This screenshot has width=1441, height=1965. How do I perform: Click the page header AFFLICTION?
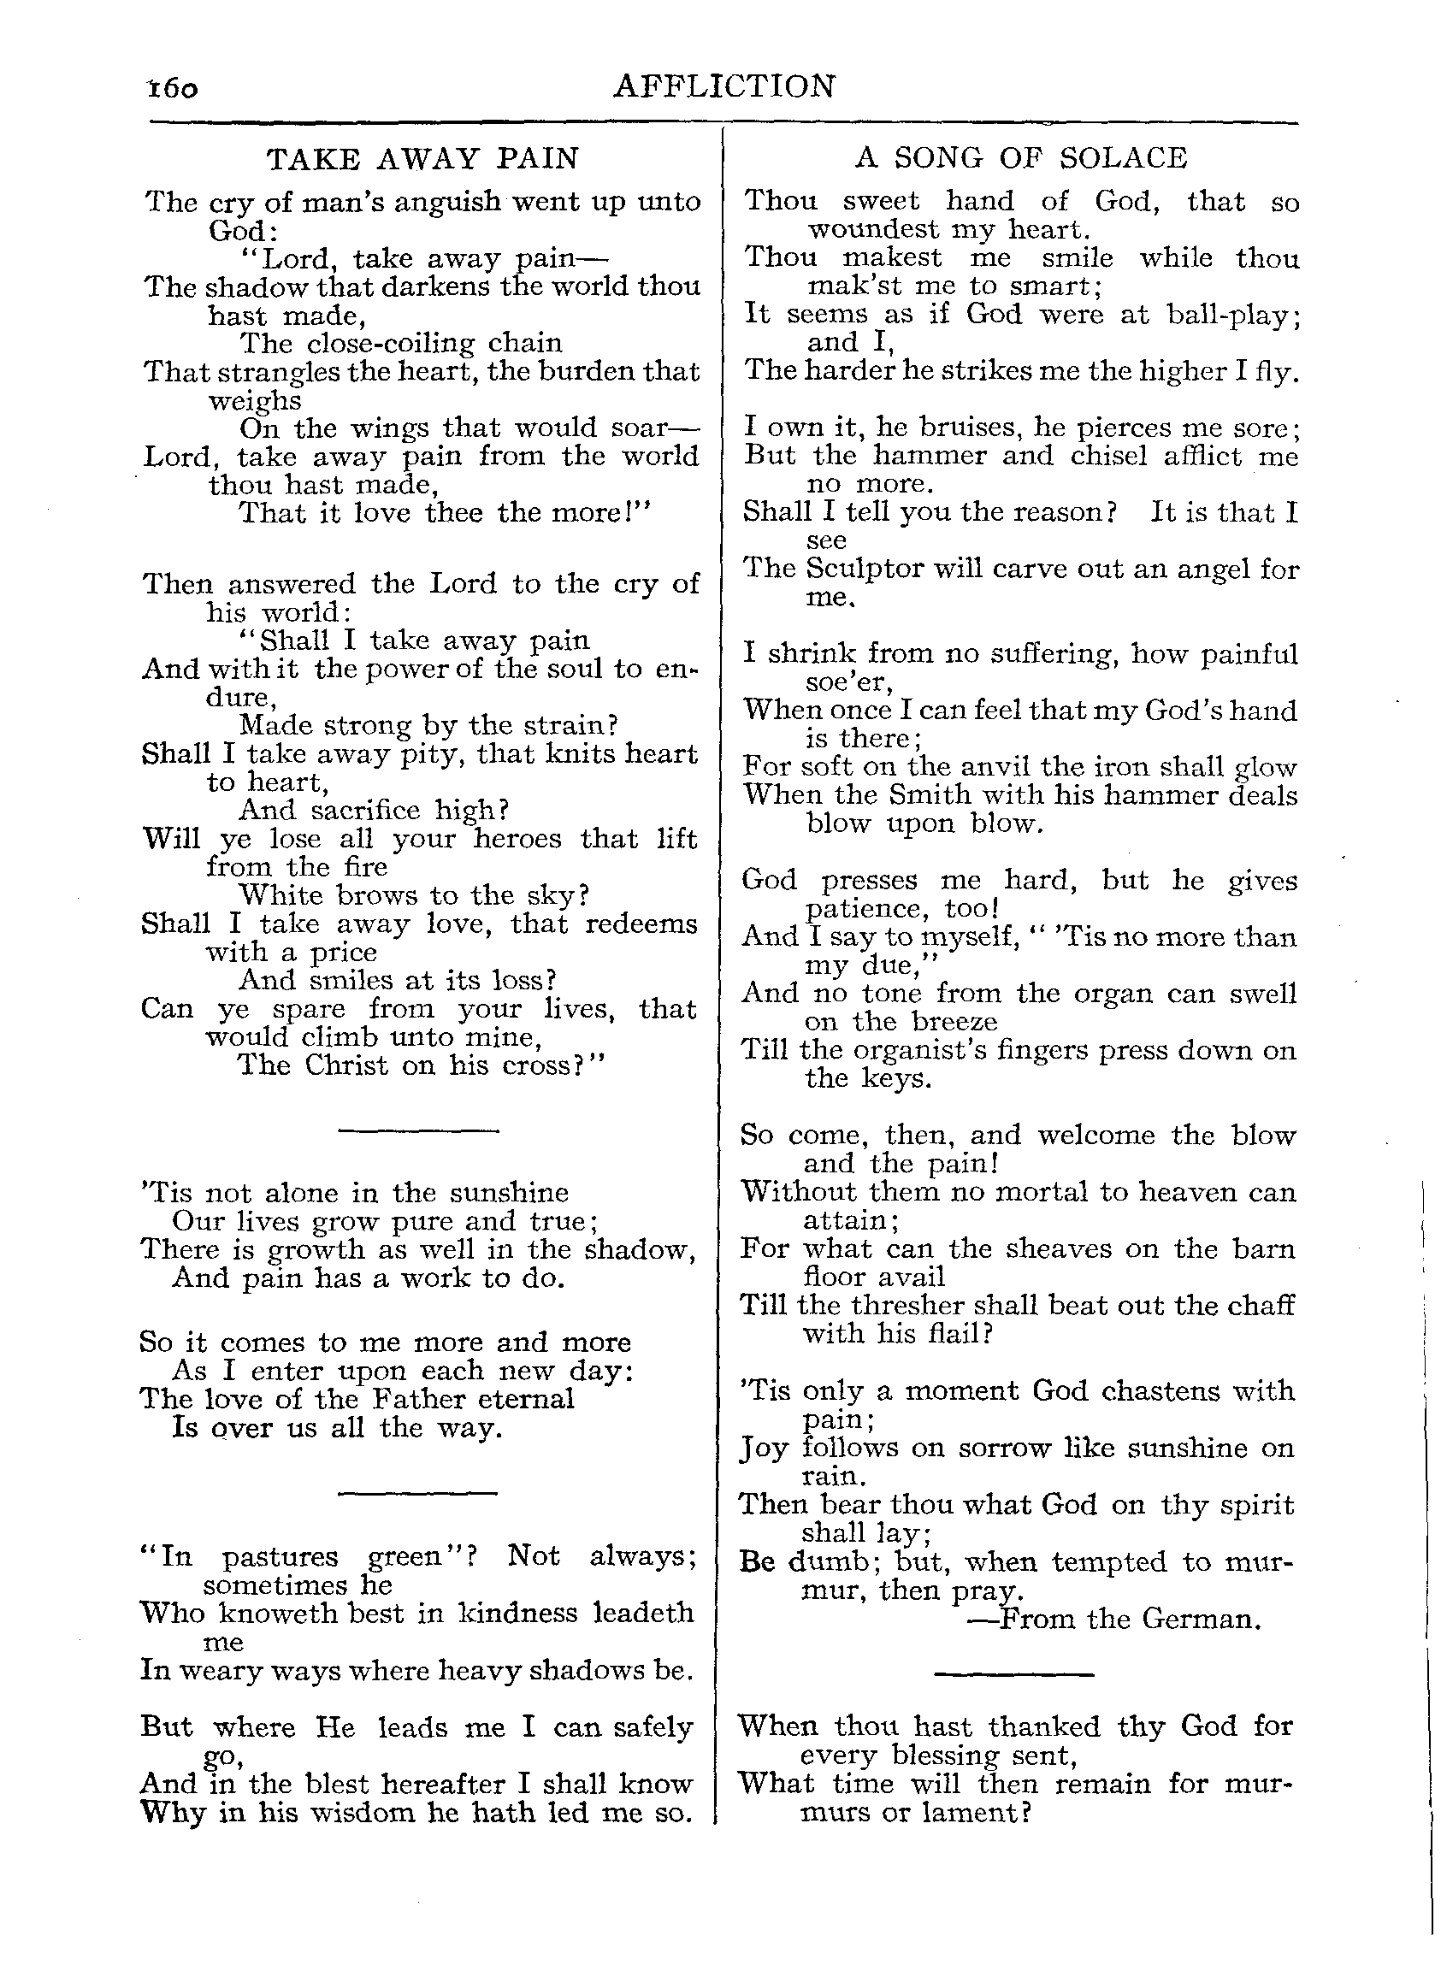pyautogui.click(x=724, y=86)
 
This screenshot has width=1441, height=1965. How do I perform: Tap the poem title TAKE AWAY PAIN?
pyautogui.click(x=423, y=159)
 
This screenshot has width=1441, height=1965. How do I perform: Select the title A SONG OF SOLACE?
pyautogui.click(x=1020, y=158)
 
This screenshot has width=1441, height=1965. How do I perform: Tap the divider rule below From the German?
pyautogui.click(x=1013, y=1674)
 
